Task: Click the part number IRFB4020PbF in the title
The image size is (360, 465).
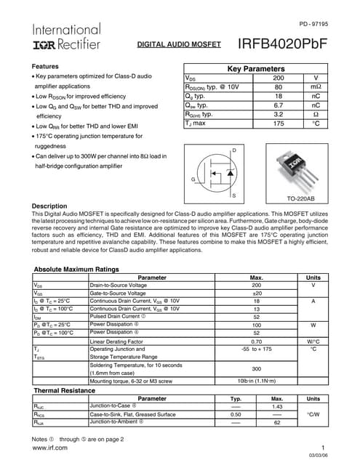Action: pos(283,44)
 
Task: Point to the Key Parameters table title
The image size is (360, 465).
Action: pos(256,68)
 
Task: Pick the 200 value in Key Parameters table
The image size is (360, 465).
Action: pos(278,78)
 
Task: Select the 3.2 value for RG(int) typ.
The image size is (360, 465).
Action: pos(278,114)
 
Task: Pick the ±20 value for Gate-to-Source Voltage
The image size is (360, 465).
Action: pos(256,293)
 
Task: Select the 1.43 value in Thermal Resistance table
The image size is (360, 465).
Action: pos(276,407)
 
